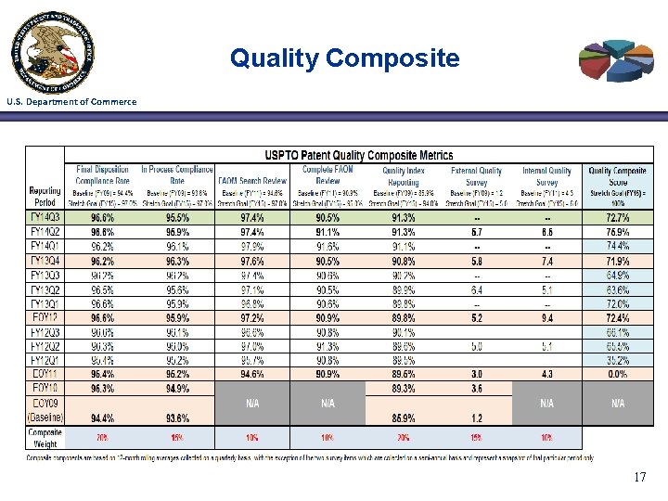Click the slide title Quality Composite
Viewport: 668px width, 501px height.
pyautogui.click(x=344, y=58)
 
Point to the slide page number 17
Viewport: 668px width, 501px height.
pyautogui.click(x=639, y=477)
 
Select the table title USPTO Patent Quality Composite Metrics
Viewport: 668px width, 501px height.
pyautogui.click(x=359, y=155)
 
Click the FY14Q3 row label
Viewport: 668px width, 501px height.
pyautogui.click(x=45, y=216)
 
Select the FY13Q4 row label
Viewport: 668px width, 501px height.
pyautogui.click(x=45, y=262)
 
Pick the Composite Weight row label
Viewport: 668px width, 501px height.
pyautogui.click(x=45, y=437)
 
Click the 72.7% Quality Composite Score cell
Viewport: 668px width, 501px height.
pyautogui.click(x=617, y=216)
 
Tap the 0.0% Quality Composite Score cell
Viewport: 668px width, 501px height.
pyautogui.click(x=617, y=373)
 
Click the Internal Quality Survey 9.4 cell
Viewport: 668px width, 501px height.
pyautogui.click(x=546, y=318)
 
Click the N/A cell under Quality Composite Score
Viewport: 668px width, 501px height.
pyautogui.click(x=617, y=404)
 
